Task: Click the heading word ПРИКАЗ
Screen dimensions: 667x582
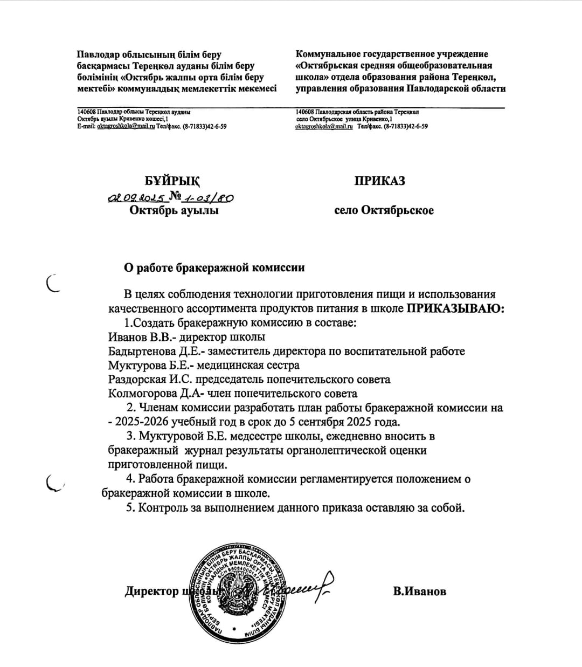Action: click(x=379, y=181)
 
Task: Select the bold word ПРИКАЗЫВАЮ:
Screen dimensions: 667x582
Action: click(x=455, y=308)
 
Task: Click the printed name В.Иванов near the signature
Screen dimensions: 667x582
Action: click(x=419, y=591)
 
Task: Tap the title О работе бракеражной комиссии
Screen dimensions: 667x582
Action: click(x=214, y=267)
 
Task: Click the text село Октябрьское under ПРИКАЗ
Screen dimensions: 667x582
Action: click(x=384, y=210)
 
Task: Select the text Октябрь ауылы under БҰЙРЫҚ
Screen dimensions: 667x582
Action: click(x=174, y=210)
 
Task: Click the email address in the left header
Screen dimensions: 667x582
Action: click(x=126, y=126)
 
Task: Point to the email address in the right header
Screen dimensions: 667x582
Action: click(x=324, y=126)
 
